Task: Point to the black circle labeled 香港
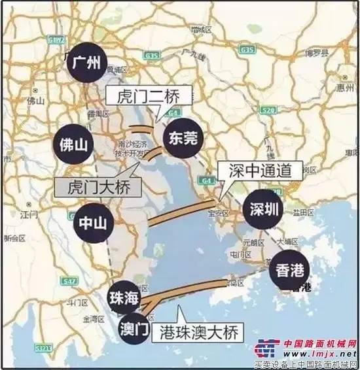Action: (x=287, y=267)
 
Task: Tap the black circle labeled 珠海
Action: (x=123, y=299)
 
